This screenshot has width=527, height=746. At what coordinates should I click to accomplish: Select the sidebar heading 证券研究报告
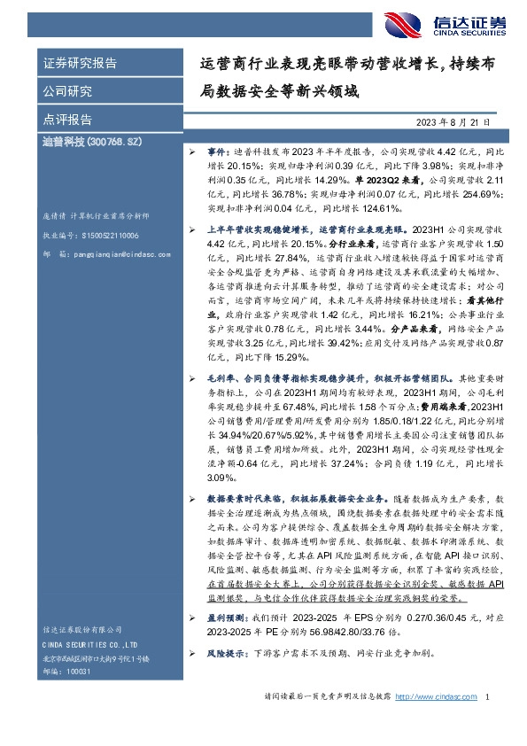[80, 64]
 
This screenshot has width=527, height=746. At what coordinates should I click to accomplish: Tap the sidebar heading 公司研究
[67, 91]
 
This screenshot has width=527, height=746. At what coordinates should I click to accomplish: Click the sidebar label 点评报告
[67, 120]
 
